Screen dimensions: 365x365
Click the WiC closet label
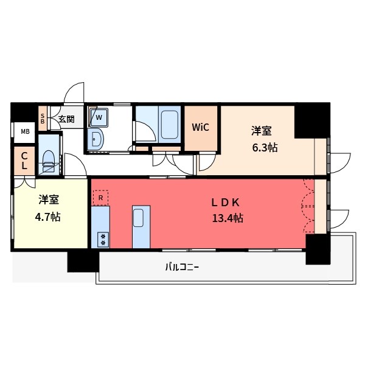click(x=201, y=128)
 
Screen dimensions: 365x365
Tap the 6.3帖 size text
click(x=266, y=147)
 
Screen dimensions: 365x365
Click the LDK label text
click(x=228, y=201)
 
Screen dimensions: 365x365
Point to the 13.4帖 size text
click(x=228, y=218)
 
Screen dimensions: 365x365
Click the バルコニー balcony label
click(x=182, y=267)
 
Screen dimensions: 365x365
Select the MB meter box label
click(x=25, y=131)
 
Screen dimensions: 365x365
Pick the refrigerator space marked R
click(x=100, y=197)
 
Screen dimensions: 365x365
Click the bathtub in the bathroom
click(x=170, y=124)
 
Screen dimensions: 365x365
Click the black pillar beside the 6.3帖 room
click(x=311, y=122)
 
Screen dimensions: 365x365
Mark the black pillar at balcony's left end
click(x=83, y=262)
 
